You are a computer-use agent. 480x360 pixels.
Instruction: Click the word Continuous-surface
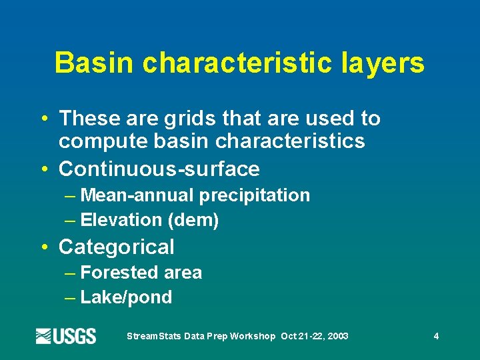point(159,169)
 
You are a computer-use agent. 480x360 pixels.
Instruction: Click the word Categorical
point(117,247)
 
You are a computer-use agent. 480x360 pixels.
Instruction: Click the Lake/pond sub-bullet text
point(126,297)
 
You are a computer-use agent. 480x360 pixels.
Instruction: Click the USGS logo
point(66,336)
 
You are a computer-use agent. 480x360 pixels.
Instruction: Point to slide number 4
point(436,336)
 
